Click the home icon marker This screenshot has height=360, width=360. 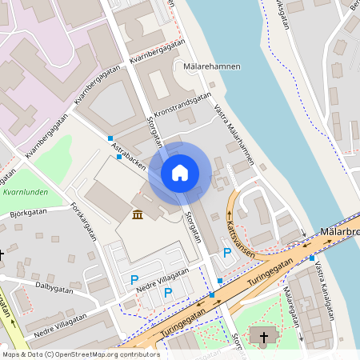(180, 173)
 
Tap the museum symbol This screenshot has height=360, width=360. (138, 214)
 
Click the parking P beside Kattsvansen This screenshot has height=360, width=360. (227, 253)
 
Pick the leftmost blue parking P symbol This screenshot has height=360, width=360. (134, 279)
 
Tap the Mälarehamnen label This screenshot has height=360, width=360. (211, 66)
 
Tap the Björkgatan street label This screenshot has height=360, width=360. (29, 214)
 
